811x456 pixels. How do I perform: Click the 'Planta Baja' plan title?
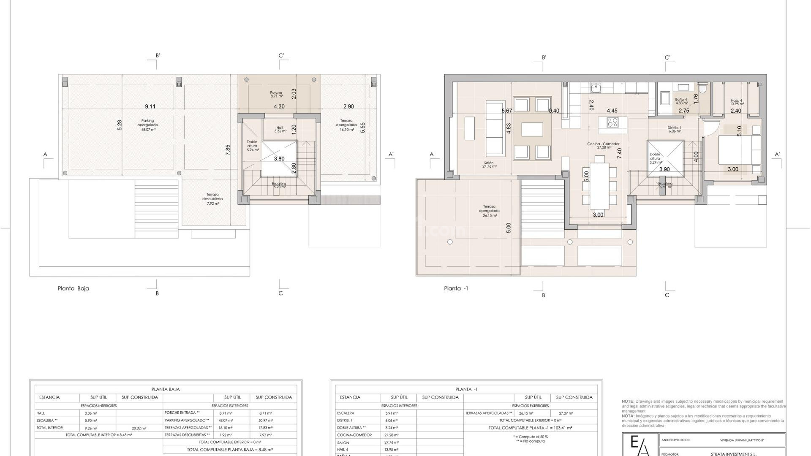(x=73, y=288)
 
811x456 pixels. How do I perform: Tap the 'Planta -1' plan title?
(x=456, y=288)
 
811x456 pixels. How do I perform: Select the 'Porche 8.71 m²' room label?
(x=276, y=94)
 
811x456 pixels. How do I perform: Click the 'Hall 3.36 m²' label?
(x=280, y=129)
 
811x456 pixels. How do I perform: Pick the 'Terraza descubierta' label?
(x=212, y=199)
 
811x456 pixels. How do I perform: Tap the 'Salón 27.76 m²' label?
(x=489, y=165)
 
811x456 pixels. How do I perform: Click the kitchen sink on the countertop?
(x=596, y=88)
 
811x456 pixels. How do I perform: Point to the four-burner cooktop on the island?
(x=613, y=122)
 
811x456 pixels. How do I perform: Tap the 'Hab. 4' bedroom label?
(x=736, y=102)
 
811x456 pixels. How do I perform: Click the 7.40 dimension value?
(x=619, y=153)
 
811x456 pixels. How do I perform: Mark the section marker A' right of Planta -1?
(x=777, y=155)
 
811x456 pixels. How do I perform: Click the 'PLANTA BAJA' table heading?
(x=166, y=389)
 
